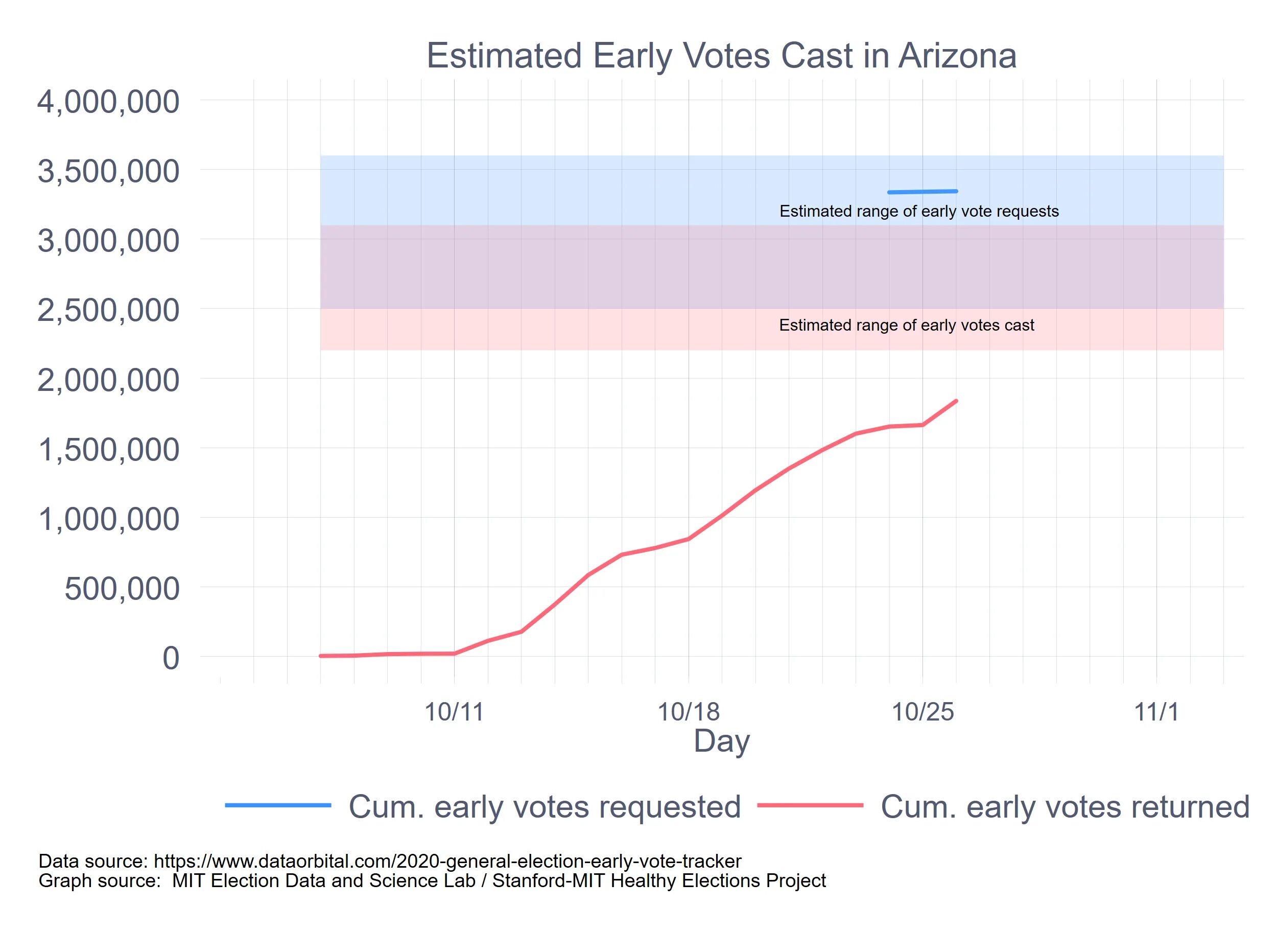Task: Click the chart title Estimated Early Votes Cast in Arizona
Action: pyautogui.click(x=721, y=56)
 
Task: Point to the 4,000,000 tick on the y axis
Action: pyautogui.click(x=108, y=102)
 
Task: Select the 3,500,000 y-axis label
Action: pyautogui.click(x=108, y=171)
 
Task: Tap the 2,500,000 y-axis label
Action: pyautogui.click(x=108, y=310)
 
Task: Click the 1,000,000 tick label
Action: pyautogui.click(x=108, y=519)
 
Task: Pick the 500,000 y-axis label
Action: pyautogui.click(x=122, y=589)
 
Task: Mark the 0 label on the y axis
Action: pyautogui.click(x=171, y=658)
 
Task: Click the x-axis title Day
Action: pyautogui.click(x=721, y=741)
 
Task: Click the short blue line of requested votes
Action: pyautogui.click(x=923, y=192)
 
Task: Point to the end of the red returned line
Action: pyautogui.click(x=956, y=401)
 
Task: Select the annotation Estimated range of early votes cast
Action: pyautogui.click(x=907, y=326)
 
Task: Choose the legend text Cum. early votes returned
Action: pyautogui.click(x=1065, y=807)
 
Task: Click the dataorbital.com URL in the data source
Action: pyautogui.click(x=447, y=862)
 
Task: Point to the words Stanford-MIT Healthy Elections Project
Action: pyautogui.click(x=659, y=880)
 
